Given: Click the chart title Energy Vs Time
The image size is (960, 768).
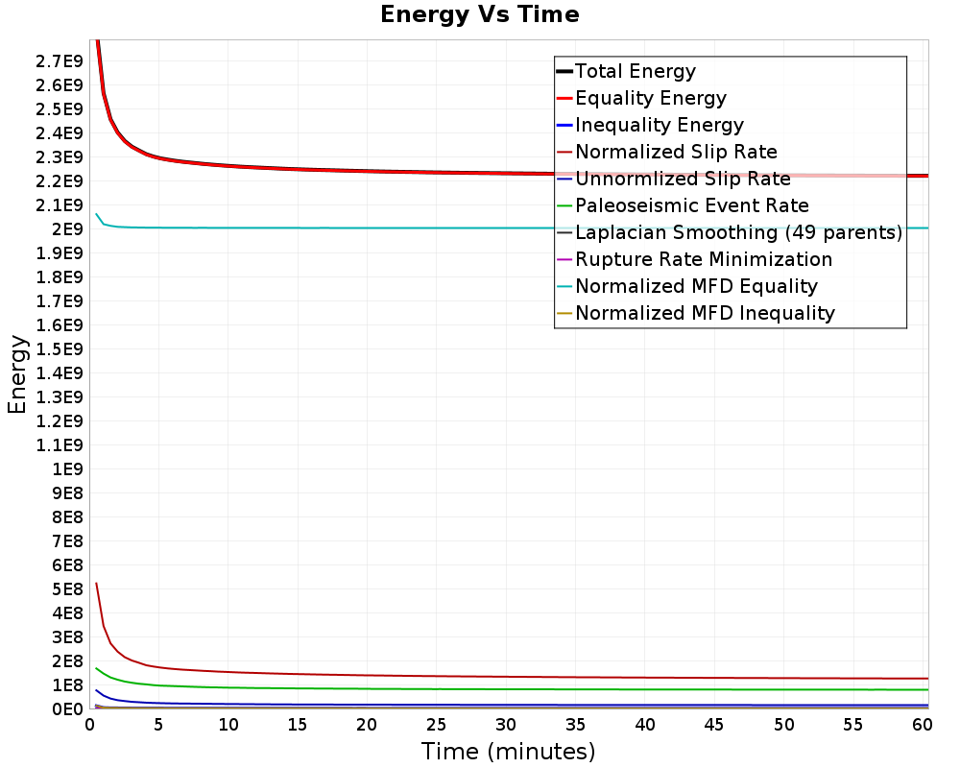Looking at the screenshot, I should click(479, 15).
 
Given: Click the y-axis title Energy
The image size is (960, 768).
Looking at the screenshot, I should click(17, 374).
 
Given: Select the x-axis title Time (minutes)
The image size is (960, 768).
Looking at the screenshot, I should click(508, 752).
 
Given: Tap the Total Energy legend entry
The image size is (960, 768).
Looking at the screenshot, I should click(635, 71).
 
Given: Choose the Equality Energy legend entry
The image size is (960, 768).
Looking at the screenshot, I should click(650, 98).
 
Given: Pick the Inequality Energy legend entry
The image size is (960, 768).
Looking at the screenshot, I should click(659, 125).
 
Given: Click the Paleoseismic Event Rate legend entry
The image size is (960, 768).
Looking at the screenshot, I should click(691, 205).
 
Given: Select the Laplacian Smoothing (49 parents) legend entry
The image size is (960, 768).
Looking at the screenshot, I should click(738, 232).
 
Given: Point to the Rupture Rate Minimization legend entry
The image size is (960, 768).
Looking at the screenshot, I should click(704, 259).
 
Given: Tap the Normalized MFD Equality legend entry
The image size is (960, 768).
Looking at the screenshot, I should click(696, 286).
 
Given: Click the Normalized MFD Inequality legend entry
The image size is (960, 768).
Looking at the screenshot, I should click(705, 313).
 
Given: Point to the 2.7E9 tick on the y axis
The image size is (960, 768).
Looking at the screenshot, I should click(58, 61).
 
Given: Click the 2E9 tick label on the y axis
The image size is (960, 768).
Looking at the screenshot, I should click(66, 229).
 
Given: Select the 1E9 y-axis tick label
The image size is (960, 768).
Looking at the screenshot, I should click(66, 469).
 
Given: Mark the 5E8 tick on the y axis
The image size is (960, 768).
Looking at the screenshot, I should click(66, 589).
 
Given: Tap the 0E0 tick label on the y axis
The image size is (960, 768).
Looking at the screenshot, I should click(66, 709).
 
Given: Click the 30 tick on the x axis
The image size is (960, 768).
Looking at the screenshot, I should click(506, 726).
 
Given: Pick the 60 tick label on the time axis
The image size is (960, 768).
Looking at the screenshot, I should click(922, 726).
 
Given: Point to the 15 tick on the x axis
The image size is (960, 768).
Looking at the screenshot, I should click(298, 726).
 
